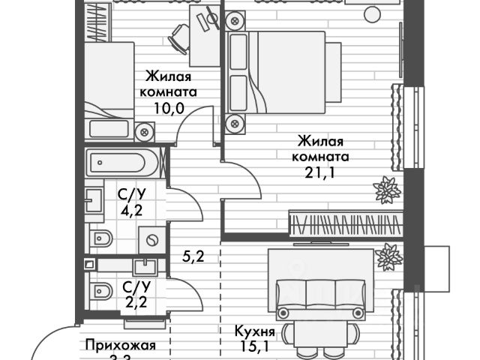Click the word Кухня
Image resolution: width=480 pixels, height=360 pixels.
[254, 331]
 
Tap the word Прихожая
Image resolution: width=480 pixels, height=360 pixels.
[121, 346]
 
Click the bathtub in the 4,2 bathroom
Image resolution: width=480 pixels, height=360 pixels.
[121, 162]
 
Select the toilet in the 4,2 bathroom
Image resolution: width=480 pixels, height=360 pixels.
[100, 239]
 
